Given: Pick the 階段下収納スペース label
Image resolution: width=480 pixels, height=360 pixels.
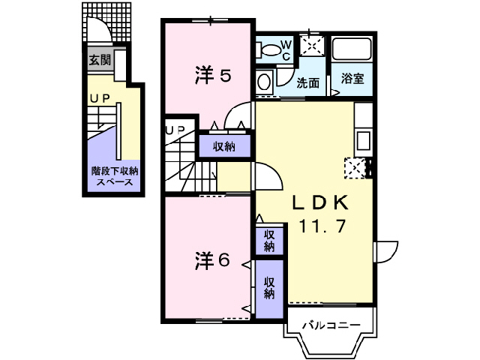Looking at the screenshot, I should pyautogui.click(x=114, y=176).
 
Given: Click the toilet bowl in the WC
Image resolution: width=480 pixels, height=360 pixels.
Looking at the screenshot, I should pyautogui.click(x=267, y=50).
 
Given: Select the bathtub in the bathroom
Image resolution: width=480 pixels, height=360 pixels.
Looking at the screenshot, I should pyautogui.click(x=352, y=51).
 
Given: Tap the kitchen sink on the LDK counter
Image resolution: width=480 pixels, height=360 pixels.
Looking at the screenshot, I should pyautogui.click(x=363, y=140).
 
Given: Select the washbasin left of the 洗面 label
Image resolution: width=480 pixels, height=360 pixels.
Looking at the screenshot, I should pyautogui.click(x=264, y=82).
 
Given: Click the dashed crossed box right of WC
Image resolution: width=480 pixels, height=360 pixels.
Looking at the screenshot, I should pyautogui.click(x=311, y=45).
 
